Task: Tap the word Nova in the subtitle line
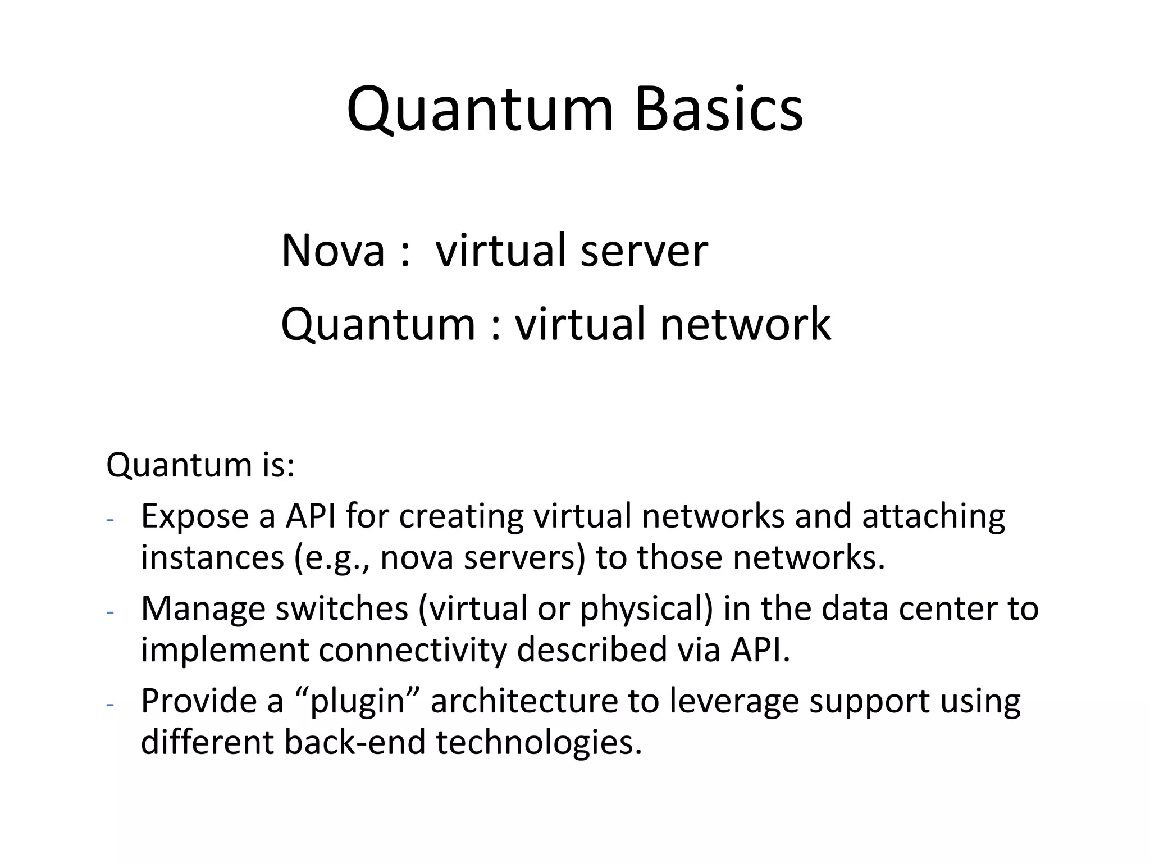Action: (x=332, y=251)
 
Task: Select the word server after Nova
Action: (x=644, y=251)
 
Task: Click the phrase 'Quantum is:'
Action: (x=200, y=465)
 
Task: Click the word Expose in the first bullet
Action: (x=194, y=516)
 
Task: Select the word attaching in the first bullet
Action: (x=933, y=516)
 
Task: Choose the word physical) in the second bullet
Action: (x=646, y=608)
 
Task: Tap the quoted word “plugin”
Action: (x=358, y=701)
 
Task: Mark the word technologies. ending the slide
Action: (x=539, y=742)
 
